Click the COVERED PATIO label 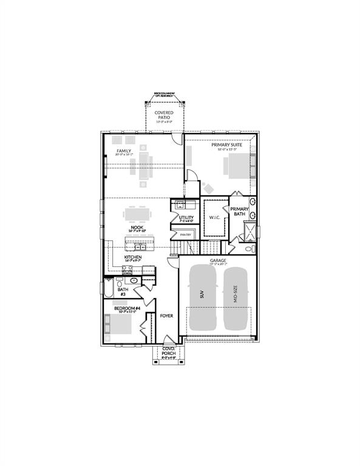point(163,115)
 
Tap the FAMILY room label point(124,152)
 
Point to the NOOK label point(136,228)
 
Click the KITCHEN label point(133,257)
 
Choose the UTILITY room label point(186,217)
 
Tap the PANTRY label point(186,234)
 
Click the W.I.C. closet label point(214,217)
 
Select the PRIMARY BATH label point(239,211)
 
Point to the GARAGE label point(218,261)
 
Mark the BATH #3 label point(123,292)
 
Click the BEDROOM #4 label point(127,309)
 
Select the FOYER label point(166,316)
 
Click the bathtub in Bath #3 point(109,291)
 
